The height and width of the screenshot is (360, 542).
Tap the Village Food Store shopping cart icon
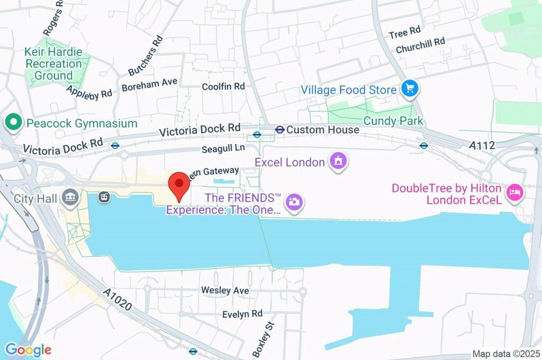click(x=409, y=89)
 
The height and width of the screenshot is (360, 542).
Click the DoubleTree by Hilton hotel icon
click(x=513, y=192)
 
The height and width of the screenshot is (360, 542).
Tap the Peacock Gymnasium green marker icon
click(x=12, y=123)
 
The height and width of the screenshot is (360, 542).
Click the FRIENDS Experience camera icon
click(x=293, y=201)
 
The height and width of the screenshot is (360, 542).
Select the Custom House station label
click(x=323, y=130)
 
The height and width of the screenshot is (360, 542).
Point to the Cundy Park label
click(x=393, y=121)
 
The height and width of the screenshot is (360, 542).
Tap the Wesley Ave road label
click(x=225, y=291)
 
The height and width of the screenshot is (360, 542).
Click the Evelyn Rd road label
click(x=242, y=314)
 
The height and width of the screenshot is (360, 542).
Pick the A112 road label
click(x=482, y=145)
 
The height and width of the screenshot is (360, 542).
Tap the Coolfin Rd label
click(x=224, y=86)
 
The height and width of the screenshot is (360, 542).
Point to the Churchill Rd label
click(x=420, y=45)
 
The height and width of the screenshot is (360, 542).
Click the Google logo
click(x=28, y=349)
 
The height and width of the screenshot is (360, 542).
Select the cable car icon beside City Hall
click(x=104, y=197)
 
